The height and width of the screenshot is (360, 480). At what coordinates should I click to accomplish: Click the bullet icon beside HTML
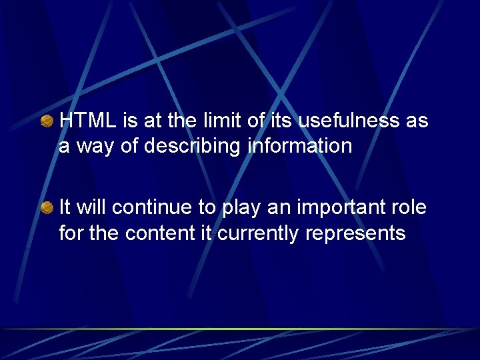pos(47,121)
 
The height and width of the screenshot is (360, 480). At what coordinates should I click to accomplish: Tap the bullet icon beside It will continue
pos(47,208)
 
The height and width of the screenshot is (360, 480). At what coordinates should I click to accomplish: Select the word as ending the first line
pos(417,122)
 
